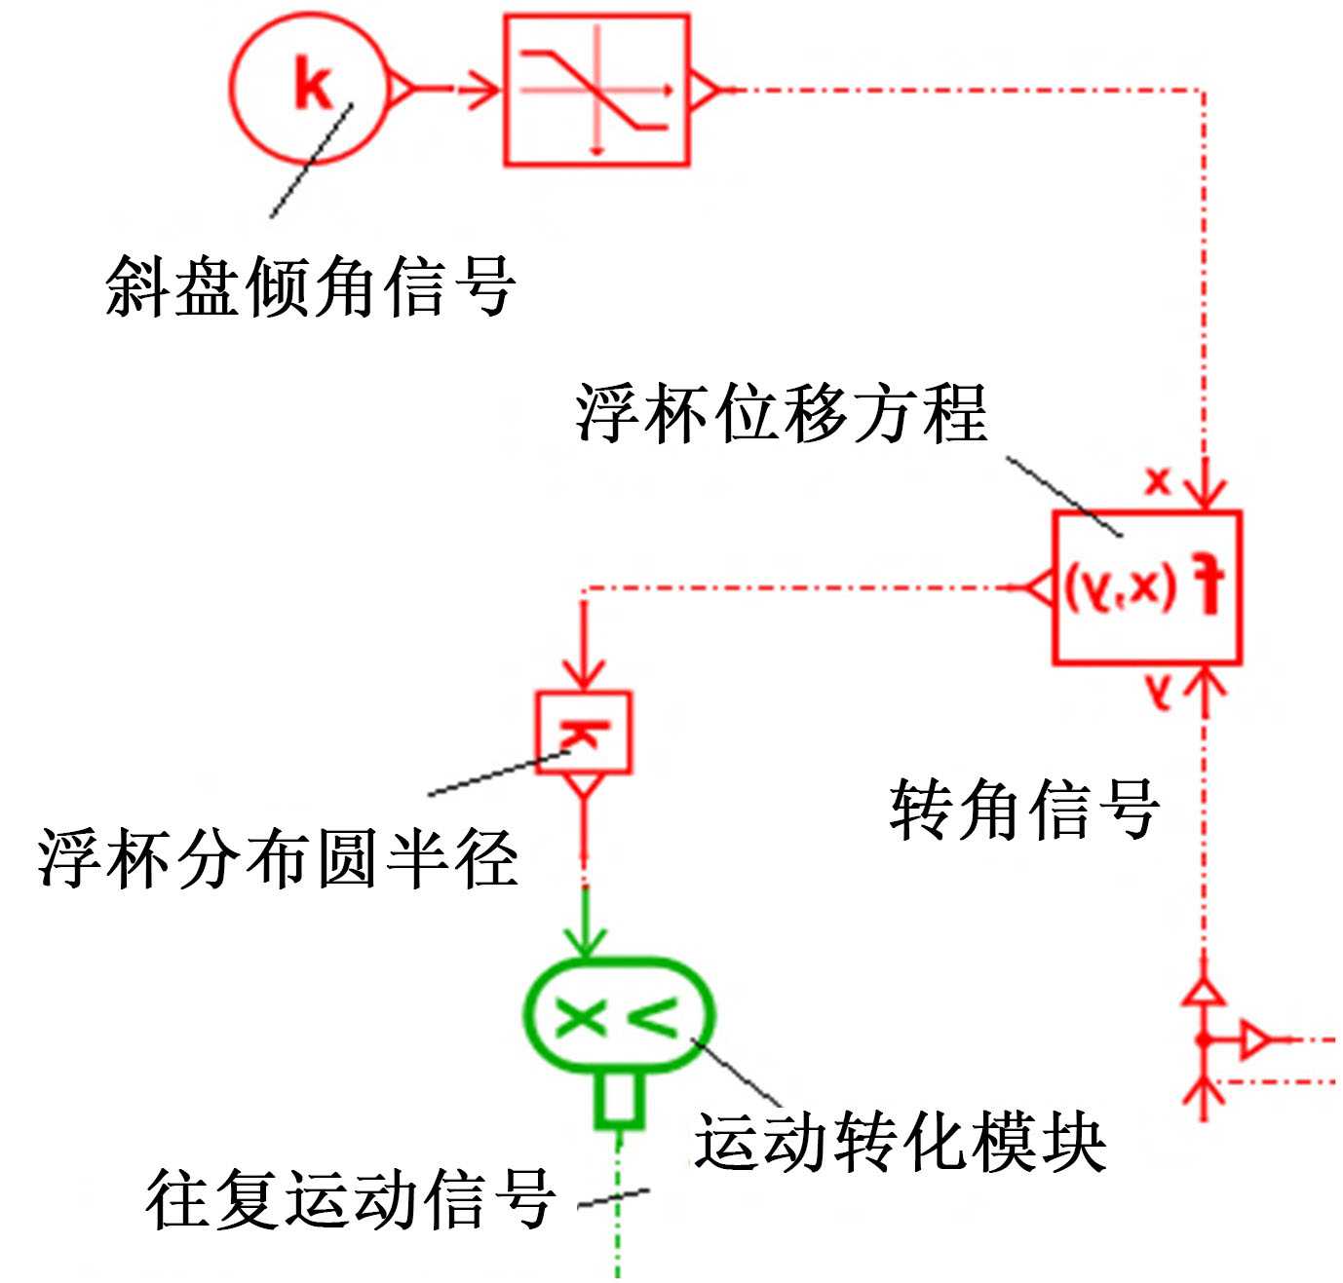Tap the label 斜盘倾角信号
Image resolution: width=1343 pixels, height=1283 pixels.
(310, 286)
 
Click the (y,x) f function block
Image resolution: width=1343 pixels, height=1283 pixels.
(1146, 587)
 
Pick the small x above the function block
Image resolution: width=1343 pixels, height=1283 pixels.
(1157, 480)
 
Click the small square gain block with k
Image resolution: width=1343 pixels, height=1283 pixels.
(584, 732)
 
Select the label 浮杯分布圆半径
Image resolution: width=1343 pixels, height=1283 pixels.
(278, 858)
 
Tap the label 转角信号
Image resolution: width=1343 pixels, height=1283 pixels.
(1023, 809)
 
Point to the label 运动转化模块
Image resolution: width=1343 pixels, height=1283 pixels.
(899, 1142)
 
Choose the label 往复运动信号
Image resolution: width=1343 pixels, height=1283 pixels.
(351, 1198)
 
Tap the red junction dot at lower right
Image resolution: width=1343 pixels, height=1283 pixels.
(1205, 1040)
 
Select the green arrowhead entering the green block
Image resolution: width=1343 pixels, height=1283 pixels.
(585, 941)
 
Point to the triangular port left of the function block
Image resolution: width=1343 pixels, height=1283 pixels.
(1040, 587)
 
